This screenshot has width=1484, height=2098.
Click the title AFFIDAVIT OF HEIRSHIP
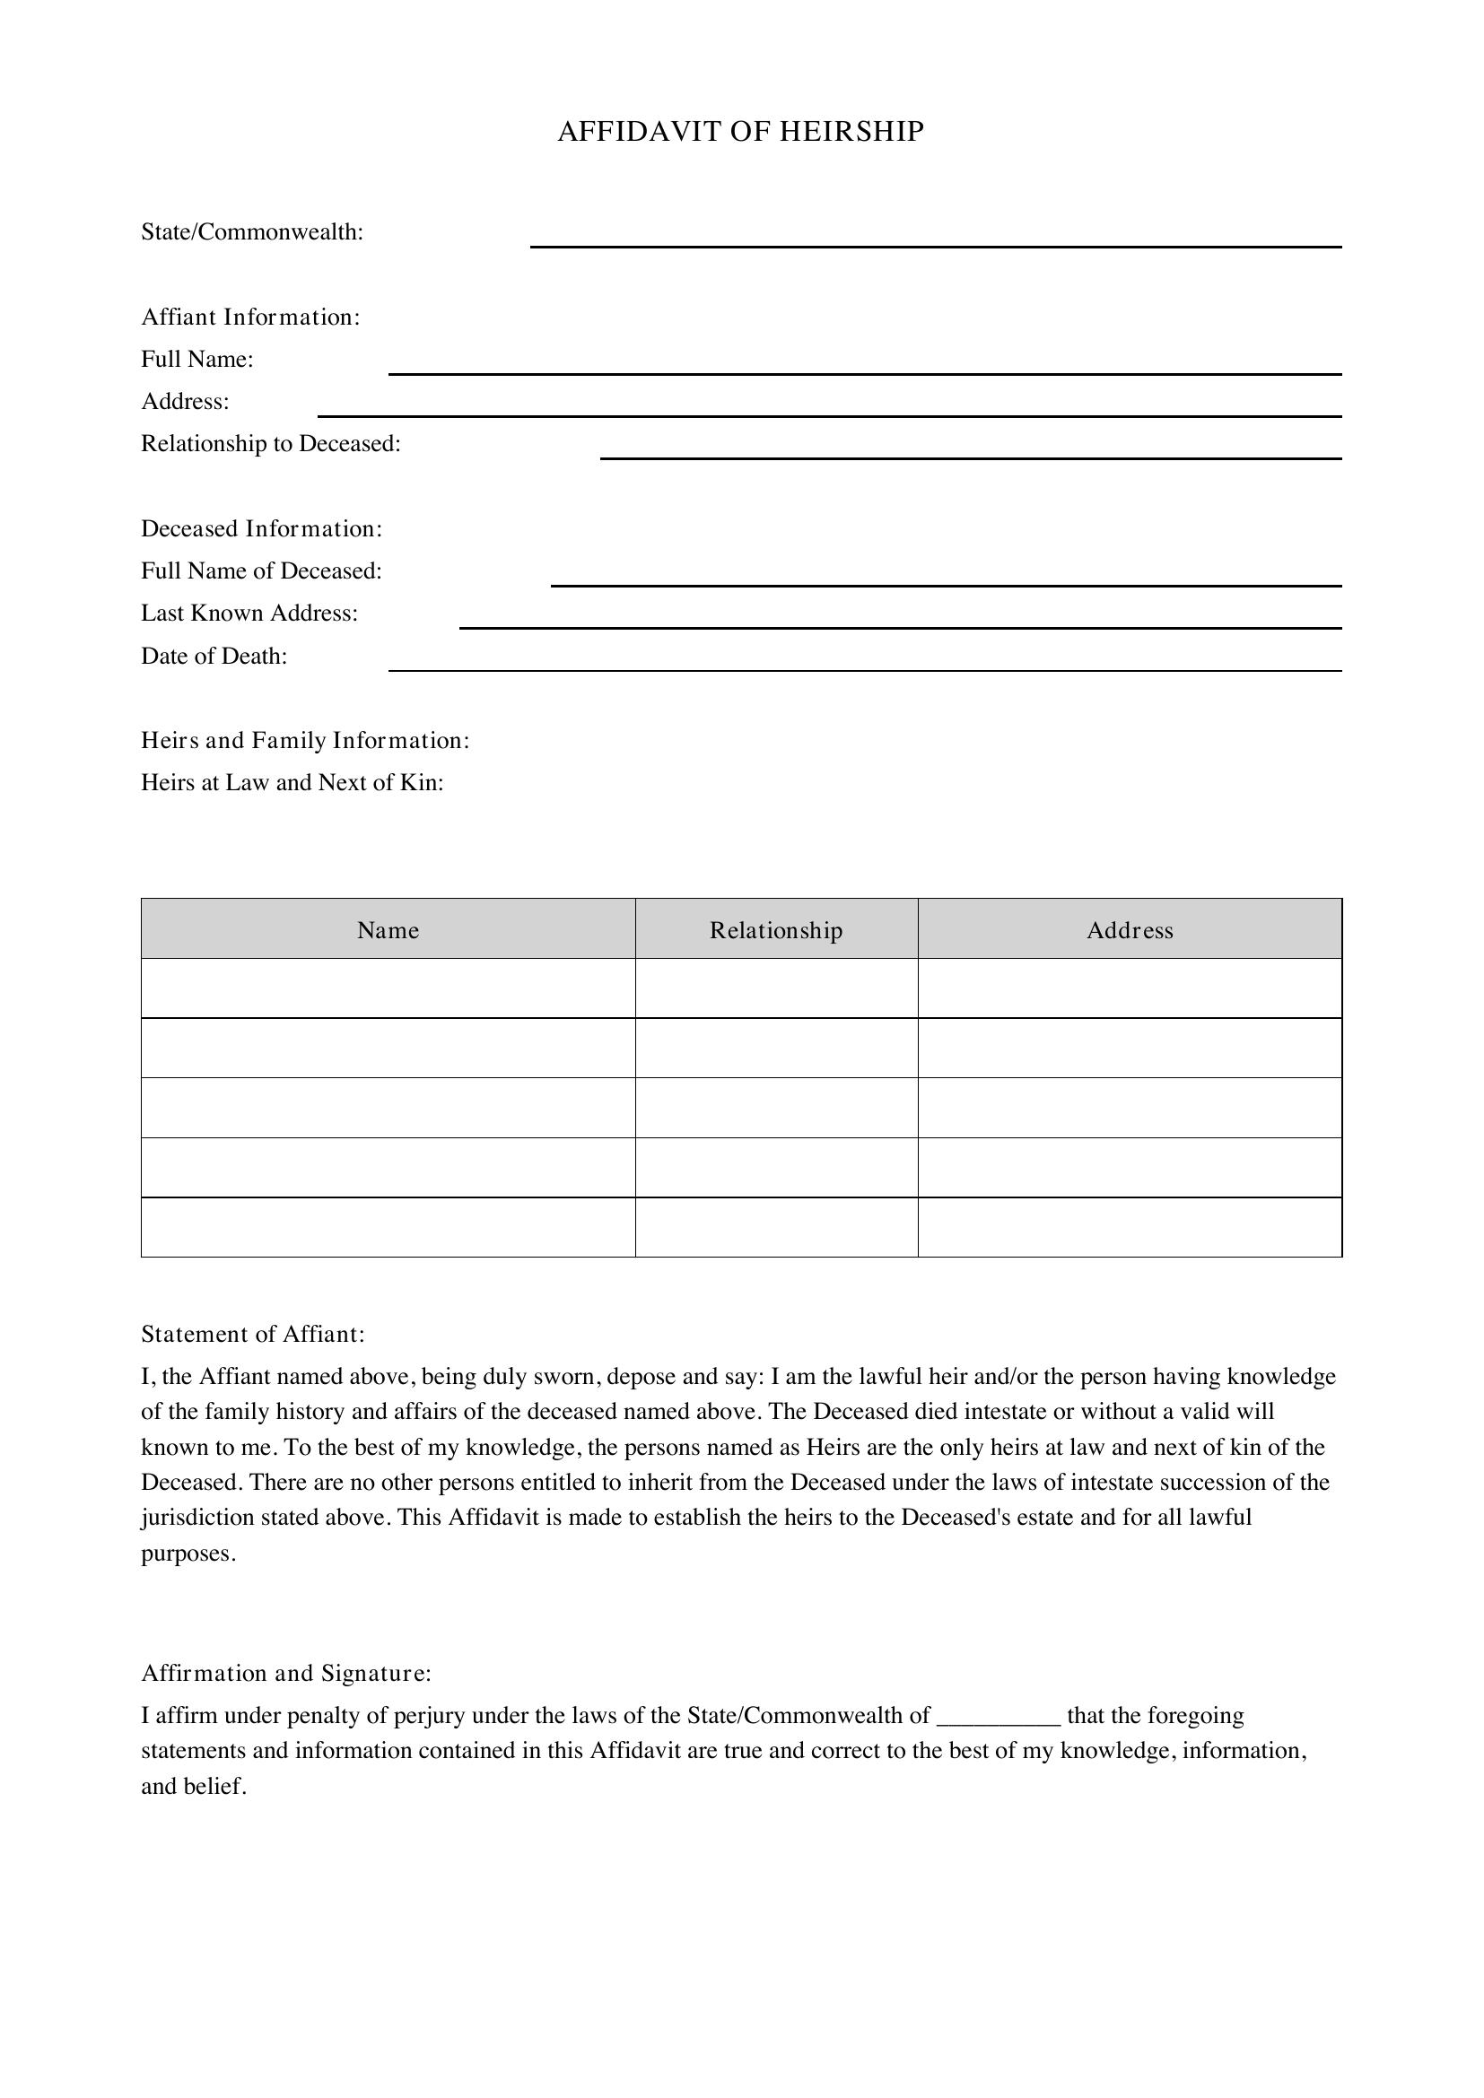740,133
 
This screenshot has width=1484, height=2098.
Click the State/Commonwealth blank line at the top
935,239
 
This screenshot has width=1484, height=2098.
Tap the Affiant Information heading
250,317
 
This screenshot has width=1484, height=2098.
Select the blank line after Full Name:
864,367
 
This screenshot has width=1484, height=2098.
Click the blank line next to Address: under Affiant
829,408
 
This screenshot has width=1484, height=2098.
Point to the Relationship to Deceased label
270,444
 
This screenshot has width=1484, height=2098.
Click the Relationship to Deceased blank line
970,450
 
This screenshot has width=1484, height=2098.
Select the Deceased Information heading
261,529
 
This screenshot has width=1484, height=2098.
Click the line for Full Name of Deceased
945,578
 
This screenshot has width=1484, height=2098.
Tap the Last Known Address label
249,614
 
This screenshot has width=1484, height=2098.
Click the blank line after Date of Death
864,664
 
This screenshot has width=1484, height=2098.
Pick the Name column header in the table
388,930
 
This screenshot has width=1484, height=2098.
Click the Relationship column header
776,930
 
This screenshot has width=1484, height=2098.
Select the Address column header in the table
1130,930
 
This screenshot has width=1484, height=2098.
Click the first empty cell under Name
388,988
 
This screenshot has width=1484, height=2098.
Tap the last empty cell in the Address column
1130,1227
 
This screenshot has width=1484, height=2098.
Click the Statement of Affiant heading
252,1335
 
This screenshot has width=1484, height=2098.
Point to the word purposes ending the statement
188,1554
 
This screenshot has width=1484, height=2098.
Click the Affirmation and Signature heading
285,1674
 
